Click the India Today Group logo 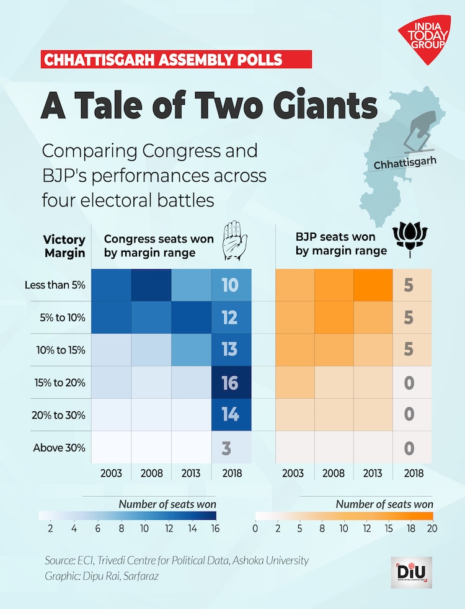pos(425,40)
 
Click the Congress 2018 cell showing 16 pos(231,382)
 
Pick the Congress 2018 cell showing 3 pos(231,447)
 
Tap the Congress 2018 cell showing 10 pos(231,285)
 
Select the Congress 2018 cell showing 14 pos(231,414)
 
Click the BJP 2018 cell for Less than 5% pos(409,285)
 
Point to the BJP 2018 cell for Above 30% pos(409,447)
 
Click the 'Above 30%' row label pos(60,447)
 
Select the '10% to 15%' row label pos(60,350)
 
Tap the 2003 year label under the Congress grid pos(111,473)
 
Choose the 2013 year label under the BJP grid pos(373,473)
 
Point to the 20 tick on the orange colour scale pos(432,528)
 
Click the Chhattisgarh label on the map pos(405,162)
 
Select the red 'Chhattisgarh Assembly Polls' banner pos(176,60)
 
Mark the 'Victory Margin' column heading pos(64,246)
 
